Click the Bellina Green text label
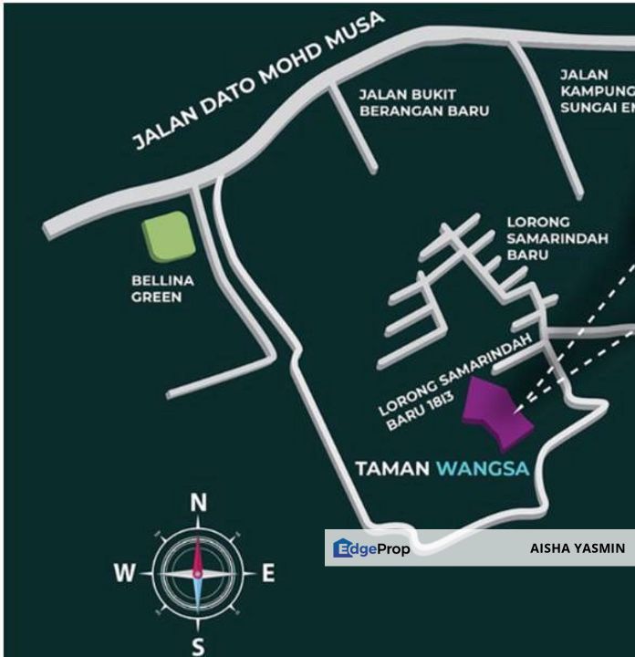pyautogui.click(x=155, y=288)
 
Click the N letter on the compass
pyautogui.click(x=198, y=503)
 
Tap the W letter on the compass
pyautogui.click(x=125, y=574)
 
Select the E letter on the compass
pyautogui.click(x=268, y=573)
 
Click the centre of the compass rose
pyautogui.click(x=198, y=573)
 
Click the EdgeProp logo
pyautogui.click(x=371, y=548)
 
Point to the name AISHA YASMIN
pyautogui.click(x=578, y=548)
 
